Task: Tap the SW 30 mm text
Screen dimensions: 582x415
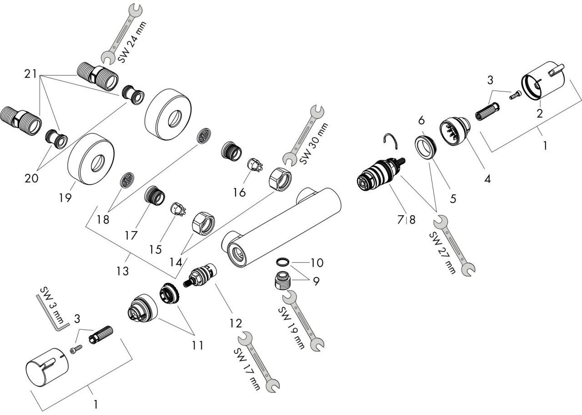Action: pos(314,143)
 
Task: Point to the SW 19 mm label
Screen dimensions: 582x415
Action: pos(291,328)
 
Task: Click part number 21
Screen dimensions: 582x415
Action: pos(30,74)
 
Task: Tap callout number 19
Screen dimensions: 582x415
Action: pos(65,198)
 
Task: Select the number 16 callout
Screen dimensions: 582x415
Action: pos(239,192)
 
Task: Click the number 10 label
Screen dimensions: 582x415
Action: pos(317,263)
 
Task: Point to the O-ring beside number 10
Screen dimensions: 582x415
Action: pos(283,262)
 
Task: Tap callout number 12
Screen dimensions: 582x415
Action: pos(236,324)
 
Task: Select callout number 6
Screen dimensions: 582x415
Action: pos(421,121)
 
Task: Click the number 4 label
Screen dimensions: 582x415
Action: pos(487,179)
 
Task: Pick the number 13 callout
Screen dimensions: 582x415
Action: pos(122,271)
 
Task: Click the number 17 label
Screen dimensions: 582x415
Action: pos(130,236)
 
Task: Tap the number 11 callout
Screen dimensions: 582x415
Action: pos(197,345)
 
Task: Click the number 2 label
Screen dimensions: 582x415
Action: pos(540,113)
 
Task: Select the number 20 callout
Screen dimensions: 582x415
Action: pos(31,178)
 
